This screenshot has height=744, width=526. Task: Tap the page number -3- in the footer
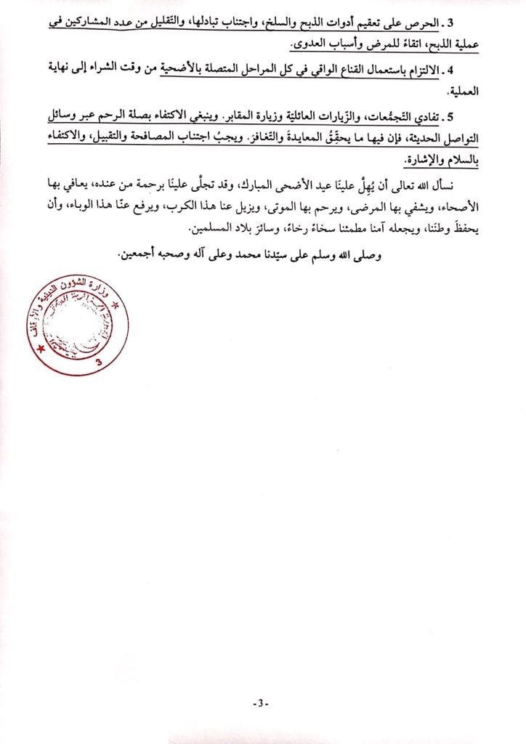pos(260,703)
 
